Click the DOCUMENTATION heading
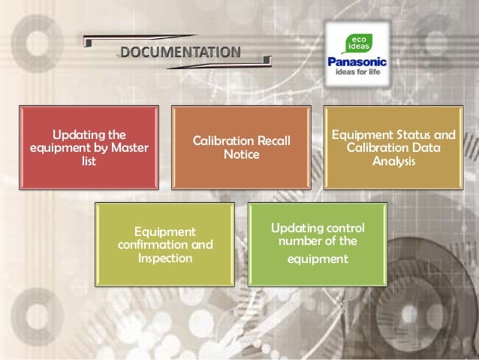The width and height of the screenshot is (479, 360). (x=180, y=53)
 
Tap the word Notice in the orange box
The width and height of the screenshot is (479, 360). (x=241, y=155)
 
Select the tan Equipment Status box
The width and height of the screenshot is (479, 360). (x=393, y=147)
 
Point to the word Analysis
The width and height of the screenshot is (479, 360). (x=393, y=162)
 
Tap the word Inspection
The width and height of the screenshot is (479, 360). (x=164, y=258)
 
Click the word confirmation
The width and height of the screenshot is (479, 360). (x=153, y=244)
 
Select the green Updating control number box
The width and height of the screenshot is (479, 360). (x=318, y=243)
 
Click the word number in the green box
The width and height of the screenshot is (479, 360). (x=299, y=241)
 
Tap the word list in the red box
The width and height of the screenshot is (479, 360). (x=89, y=161)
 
